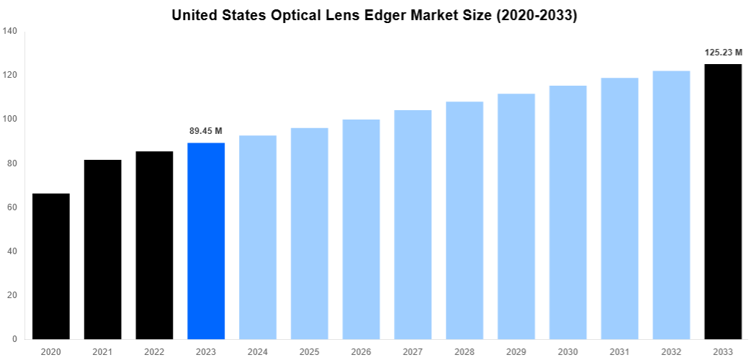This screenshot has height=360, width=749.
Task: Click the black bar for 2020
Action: [51, 266]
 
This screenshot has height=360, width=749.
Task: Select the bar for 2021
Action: [103, 249]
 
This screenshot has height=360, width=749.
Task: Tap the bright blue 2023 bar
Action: [206, 241]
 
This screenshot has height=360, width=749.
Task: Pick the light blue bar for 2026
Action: [361, 229]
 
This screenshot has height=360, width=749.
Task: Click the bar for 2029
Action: [516, 216]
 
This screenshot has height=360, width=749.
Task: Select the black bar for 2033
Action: [722, 202]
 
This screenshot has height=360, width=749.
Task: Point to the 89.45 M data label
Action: [206, 131]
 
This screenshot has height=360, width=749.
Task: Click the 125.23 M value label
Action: [722, 53]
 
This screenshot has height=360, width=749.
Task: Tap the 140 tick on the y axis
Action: [10, 31]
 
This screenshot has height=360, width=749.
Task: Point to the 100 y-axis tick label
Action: [10, 120]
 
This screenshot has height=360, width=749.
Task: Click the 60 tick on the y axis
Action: [12, 207]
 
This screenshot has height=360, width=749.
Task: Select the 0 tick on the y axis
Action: [15, 339]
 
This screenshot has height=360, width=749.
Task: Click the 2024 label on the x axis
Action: [258, 351]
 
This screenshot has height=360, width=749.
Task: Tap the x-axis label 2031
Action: [619, 351]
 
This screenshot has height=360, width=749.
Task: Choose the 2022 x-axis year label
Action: [155, 351]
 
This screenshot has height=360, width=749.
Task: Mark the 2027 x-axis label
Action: [413, 351]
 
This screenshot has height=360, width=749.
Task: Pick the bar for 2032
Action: [671, 205]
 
